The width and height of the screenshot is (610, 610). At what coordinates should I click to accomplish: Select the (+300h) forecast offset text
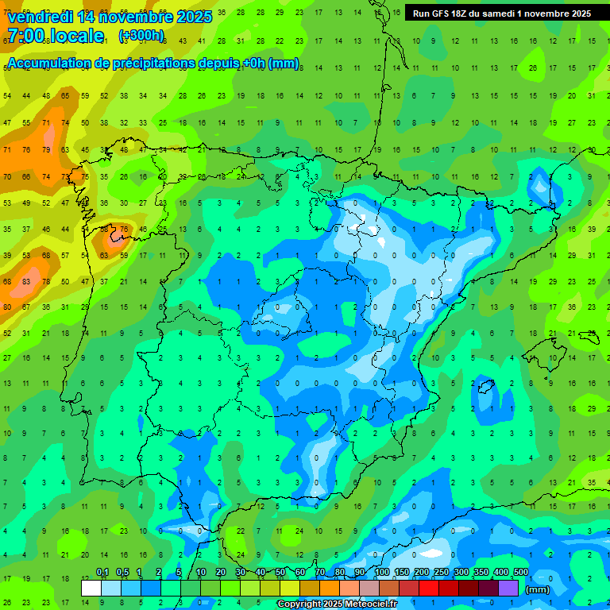point(141,36)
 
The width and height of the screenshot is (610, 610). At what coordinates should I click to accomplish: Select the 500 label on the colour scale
point(520,573)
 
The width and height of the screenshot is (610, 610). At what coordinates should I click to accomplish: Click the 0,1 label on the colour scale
point(102,573)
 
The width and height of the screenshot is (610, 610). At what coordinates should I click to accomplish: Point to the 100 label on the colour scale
point(382,573)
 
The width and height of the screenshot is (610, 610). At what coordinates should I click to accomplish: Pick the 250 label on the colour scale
point(442,573)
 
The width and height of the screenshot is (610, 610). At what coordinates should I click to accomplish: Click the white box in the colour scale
point(91,588)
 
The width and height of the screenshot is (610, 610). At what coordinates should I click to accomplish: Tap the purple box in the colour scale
point(508,588)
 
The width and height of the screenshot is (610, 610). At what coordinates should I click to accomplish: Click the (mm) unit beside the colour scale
point(538,589)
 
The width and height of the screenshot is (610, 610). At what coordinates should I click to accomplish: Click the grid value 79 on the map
point(46,149)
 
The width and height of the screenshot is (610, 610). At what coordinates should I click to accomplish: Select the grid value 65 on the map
point(66,96)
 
